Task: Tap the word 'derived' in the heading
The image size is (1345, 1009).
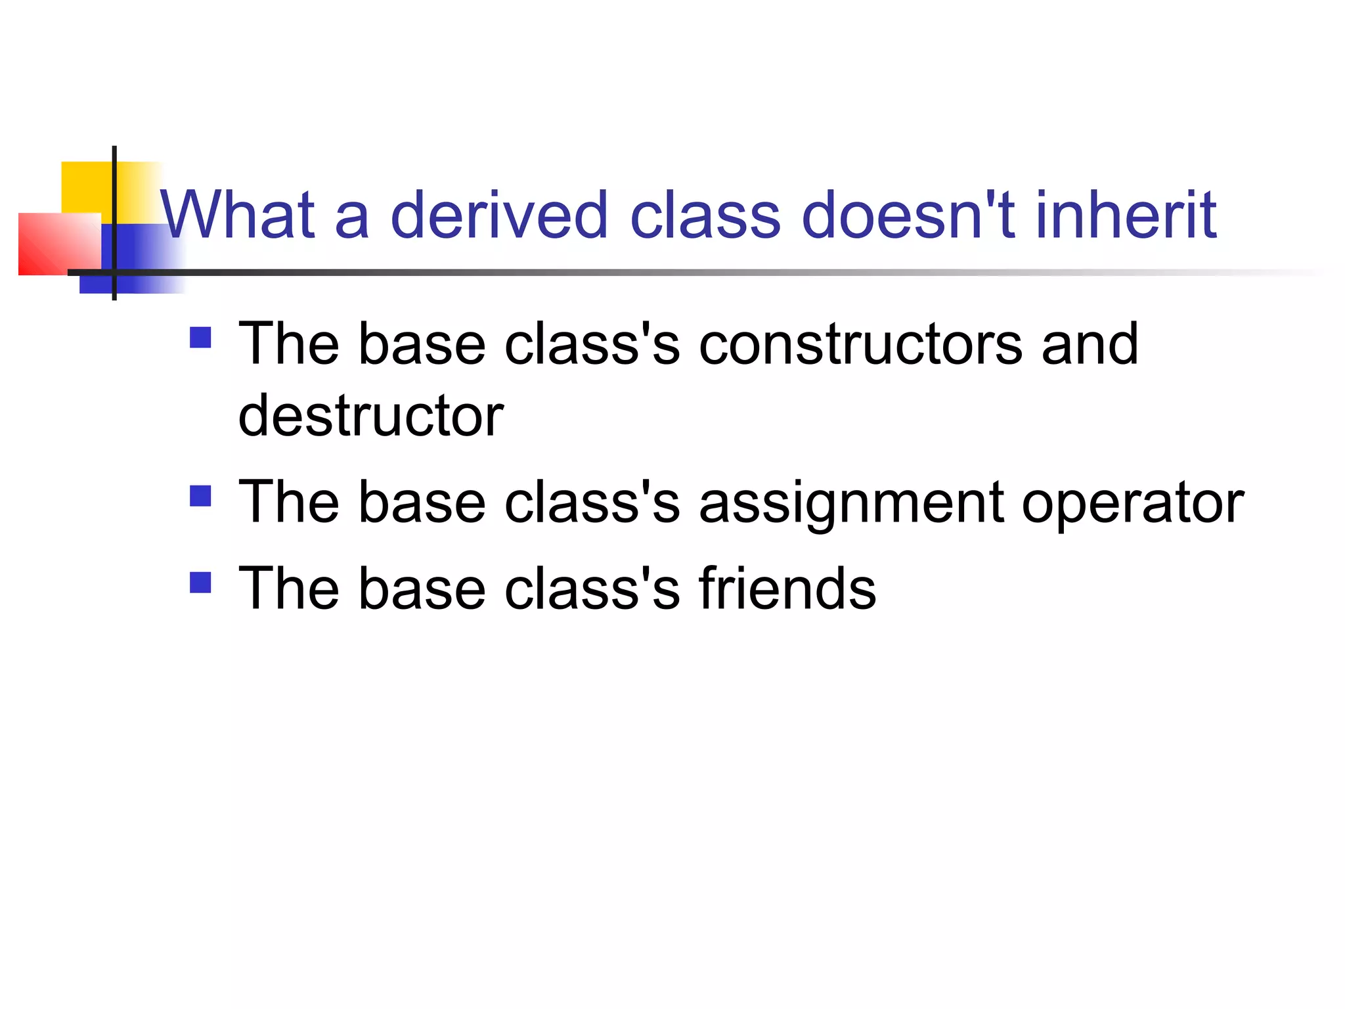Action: (x=499, y=215)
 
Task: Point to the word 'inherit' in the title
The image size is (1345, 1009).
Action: (x=1126, y=215)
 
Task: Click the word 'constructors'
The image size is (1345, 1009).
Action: (x=860, y=345)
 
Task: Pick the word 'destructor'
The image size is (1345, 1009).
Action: (x=370, y=416)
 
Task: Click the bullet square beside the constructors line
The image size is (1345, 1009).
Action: (x=200, y=338)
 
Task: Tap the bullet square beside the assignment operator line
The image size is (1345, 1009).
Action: (x=200, y=496)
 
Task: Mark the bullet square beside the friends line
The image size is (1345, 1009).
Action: (x=200, y=583)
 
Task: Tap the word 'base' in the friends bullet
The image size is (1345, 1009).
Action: (x=422, y=589)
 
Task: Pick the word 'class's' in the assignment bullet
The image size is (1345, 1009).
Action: (x=592, y=503)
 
